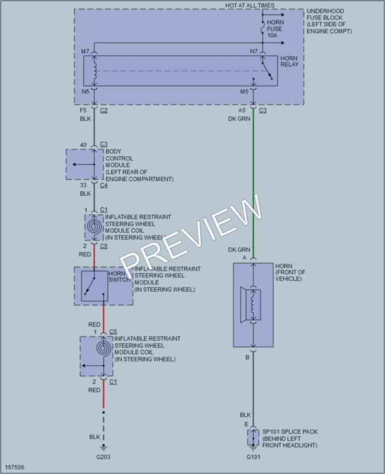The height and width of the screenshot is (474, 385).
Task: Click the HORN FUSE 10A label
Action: [275, 29]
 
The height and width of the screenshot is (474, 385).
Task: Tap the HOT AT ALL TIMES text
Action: [250, 6]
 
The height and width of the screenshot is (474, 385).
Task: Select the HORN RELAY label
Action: [289, 61]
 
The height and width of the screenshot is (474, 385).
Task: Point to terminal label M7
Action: [85, 51]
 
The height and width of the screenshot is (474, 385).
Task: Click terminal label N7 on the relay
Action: [254, 51]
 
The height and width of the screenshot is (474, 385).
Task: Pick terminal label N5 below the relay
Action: [85, 91]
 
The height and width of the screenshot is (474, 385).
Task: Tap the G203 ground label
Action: [103, 457]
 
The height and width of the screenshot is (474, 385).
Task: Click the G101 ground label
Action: [253, 457]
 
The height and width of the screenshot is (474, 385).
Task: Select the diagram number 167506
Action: [15, 467]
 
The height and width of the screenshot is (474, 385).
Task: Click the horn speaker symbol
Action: [251, 305]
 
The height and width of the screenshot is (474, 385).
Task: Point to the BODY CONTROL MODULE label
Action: [119, 158]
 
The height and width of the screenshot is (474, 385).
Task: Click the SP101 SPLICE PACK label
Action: [290, 432]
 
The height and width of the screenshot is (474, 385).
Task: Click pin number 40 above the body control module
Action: [83, 145]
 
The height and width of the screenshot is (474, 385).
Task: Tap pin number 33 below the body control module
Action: [83, 185]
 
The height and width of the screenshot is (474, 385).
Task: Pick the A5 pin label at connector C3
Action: [242, 110]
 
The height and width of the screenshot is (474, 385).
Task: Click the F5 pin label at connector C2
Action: [83, 110]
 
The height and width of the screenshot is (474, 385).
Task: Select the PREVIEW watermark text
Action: [191, 236]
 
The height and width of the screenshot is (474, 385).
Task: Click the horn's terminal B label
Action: [247, 357]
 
